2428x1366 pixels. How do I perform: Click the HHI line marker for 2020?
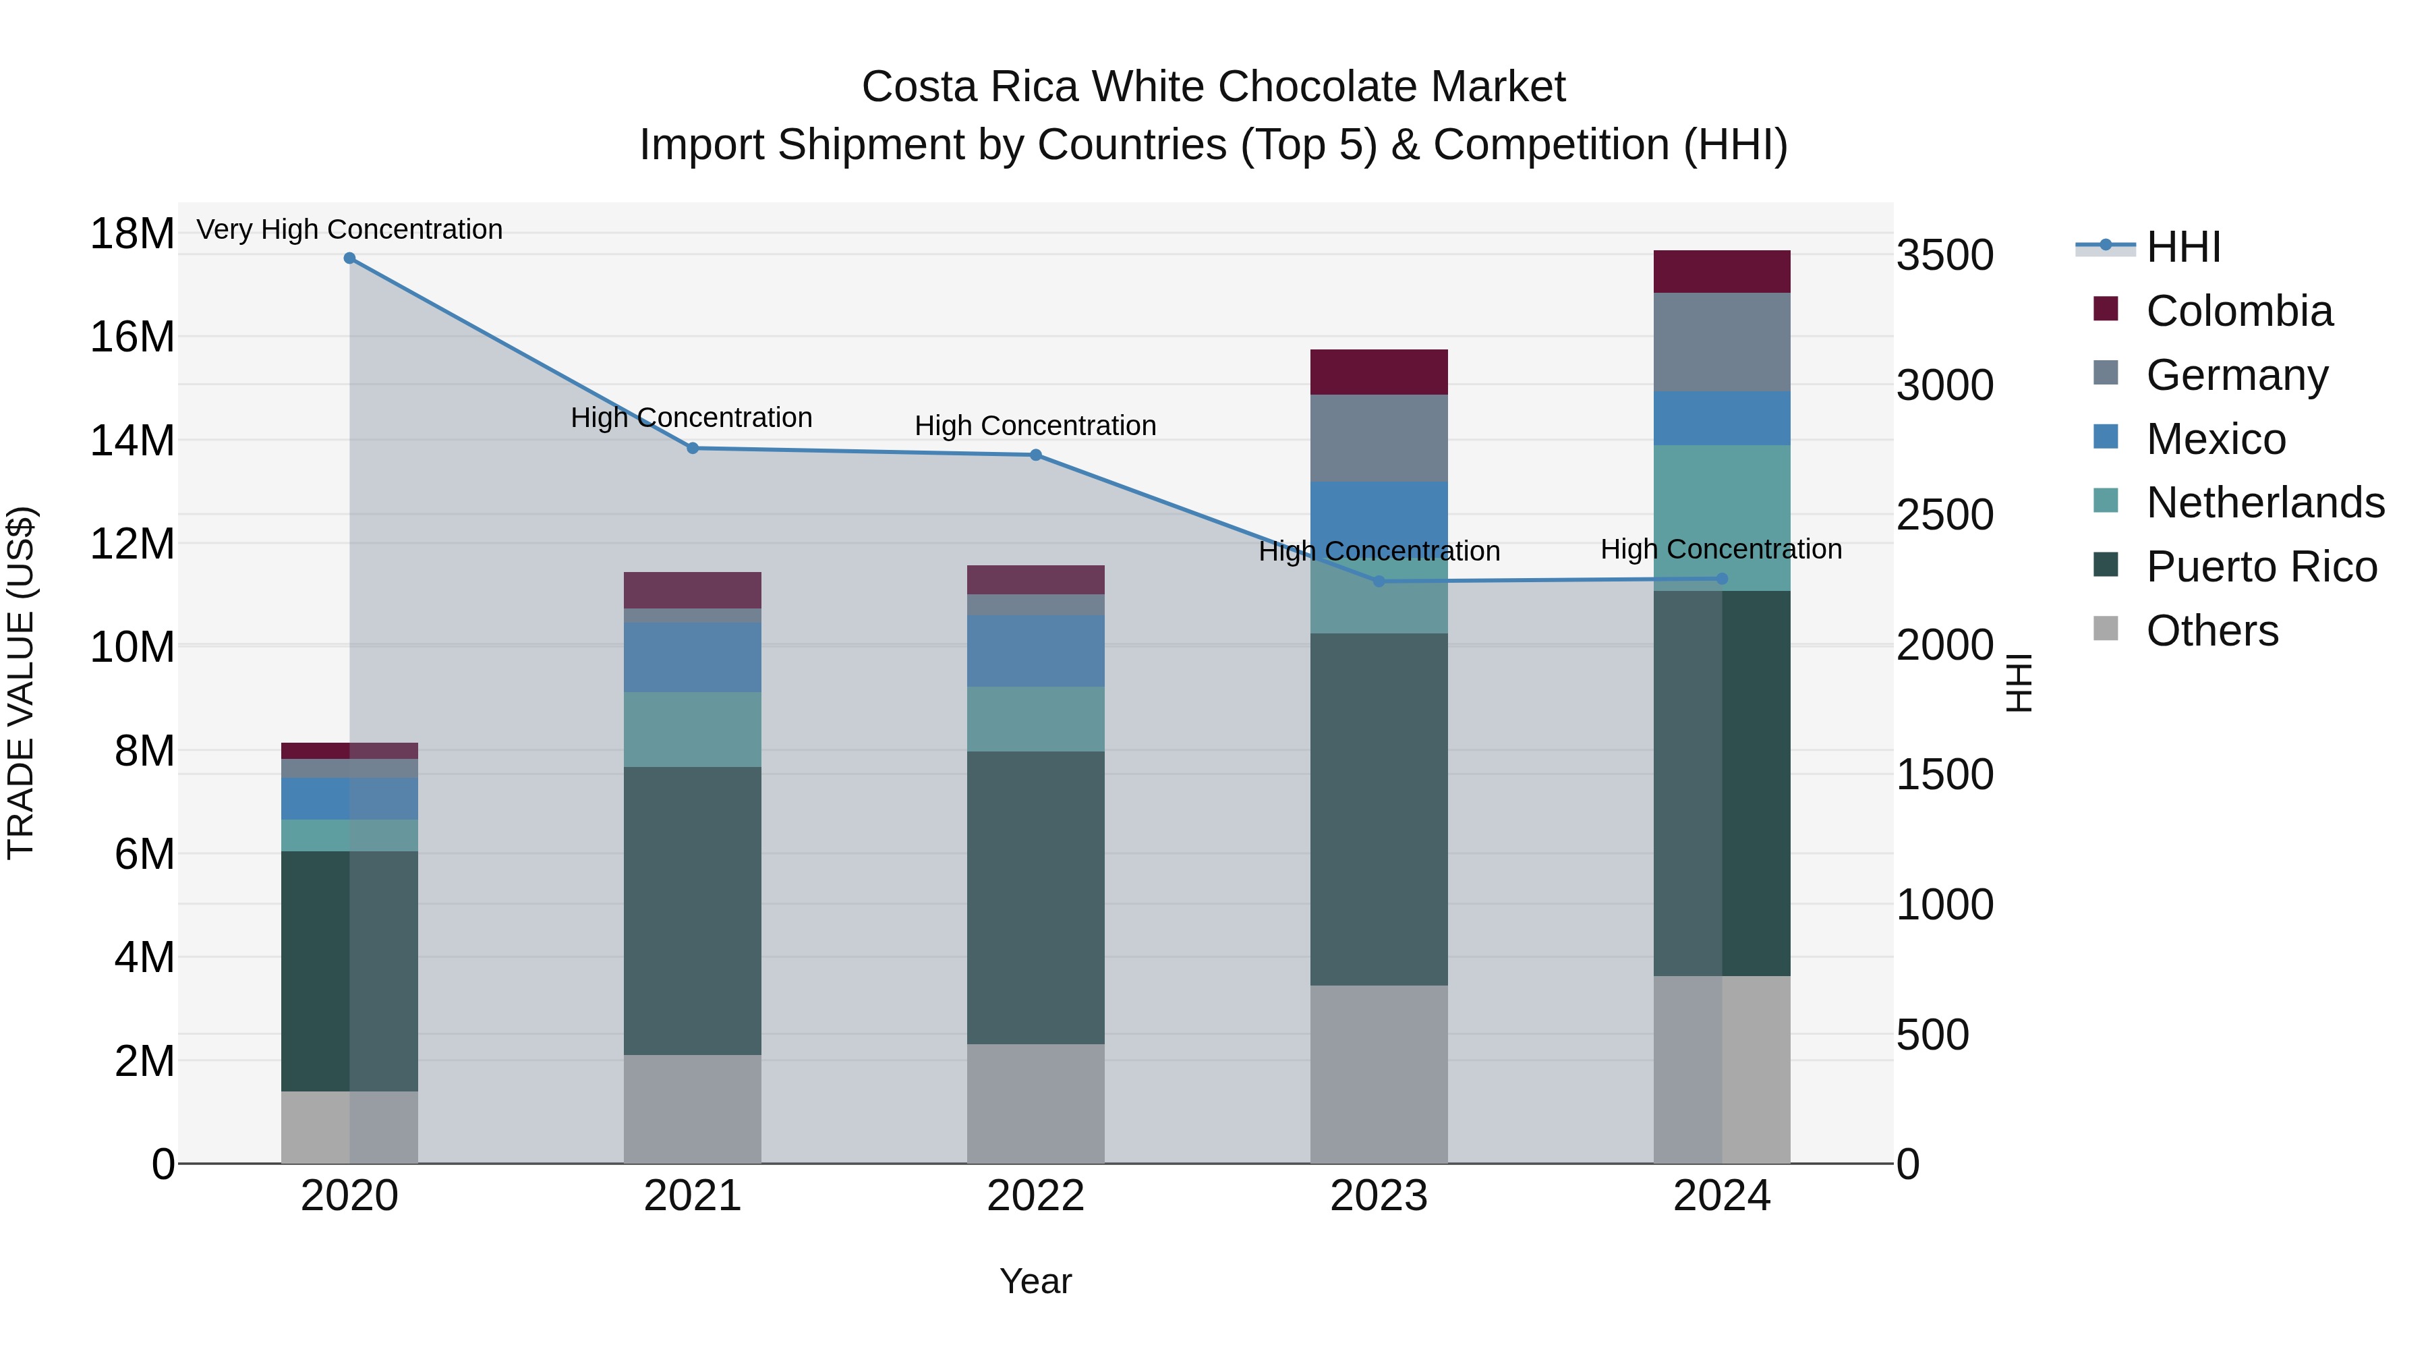coord(349,258)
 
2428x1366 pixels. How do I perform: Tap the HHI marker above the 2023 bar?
coord(1379,581)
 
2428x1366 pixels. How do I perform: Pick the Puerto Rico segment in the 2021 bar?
coord(693,910)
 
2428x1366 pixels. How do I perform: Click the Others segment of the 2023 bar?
coord(1379,1074)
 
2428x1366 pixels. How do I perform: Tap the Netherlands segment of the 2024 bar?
coord(1722,517)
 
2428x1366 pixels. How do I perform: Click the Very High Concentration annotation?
coord(349,229)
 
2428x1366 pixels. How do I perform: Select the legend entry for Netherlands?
coord(2265,503)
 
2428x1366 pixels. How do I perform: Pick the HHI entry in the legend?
coord(2183,247)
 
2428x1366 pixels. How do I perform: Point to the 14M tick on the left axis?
coord(132,440)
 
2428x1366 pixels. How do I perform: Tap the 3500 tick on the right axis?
coord(1944,256)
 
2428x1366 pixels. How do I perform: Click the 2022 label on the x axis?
coord(1036,1196)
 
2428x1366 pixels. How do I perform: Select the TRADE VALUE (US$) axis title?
coord(22,683)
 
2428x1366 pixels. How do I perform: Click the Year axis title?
coord(1036,1281)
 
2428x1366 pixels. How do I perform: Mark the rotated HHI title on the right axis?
coord(2019,683)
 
